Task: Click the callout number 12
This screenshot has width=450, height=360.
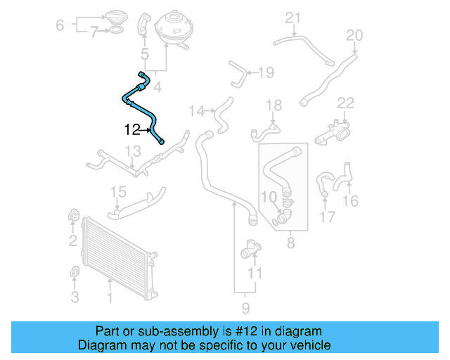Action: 131,129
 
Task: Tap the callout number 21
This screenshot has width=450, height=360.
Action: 292,18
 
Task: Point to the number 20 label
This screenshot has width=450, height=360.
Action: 354,35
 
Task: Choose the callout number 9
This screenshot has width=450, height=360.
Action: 245,307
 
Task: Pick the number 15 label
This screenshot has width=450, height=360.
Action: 117,192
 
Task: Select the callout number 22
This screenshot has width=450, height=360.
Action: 345,103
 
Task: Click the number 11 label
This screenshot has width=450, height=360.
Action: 256,272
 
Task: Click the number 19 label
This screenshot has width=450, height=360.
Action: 265,72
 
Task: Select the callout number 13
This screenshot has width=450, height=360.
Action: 133,151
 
